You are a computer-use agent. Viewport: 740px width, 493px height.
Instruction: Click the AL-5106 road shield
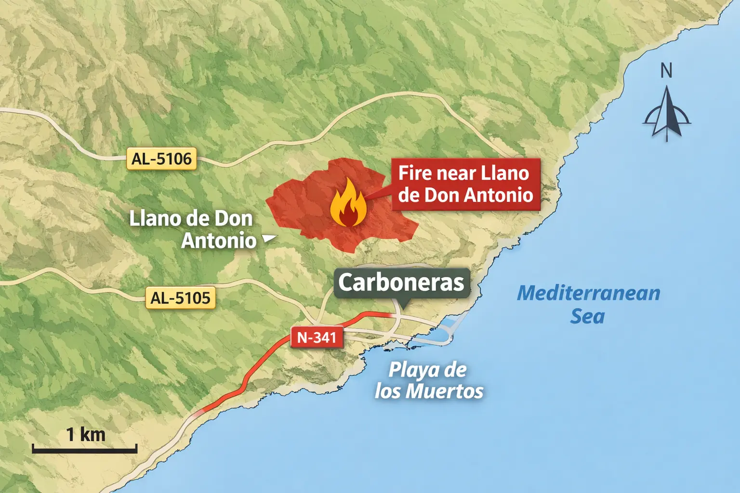pyautogui.click(x=161, y=159)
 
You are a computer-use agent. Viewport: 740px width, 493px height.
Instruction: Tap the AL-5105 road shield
pyautogui.click(x=180, y=298)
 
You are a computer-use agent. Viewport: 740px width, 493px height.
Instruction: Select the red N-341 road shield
pyautogui.click(x=317, y=337)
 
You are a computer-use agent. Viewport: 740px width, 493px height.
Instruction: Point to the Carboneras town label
pyautogui.click(x=401, y=283)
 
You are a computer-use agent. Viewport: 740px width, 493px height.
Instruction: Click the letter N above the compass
pyautogui.click(x=666, y=71)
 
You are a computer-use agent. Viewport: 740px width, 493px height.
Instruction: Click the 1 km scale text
pyautogui.click(x=86, y=434)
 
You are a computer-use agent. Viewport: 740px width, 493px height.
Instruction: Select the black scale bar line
pyautogui.click(x=85, y=451)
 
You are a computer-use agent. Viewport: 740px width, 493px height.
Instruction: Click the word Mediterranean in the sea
pyautogui.click(x=588, y=293)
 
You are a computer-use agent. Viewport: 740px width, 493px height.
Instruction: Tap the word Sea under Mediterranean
pyautogui.click(x=587, y=316)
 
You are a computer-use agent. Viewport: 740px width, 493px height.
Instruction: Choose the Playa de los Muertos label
pyautogui.click(x=429, y=380)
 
